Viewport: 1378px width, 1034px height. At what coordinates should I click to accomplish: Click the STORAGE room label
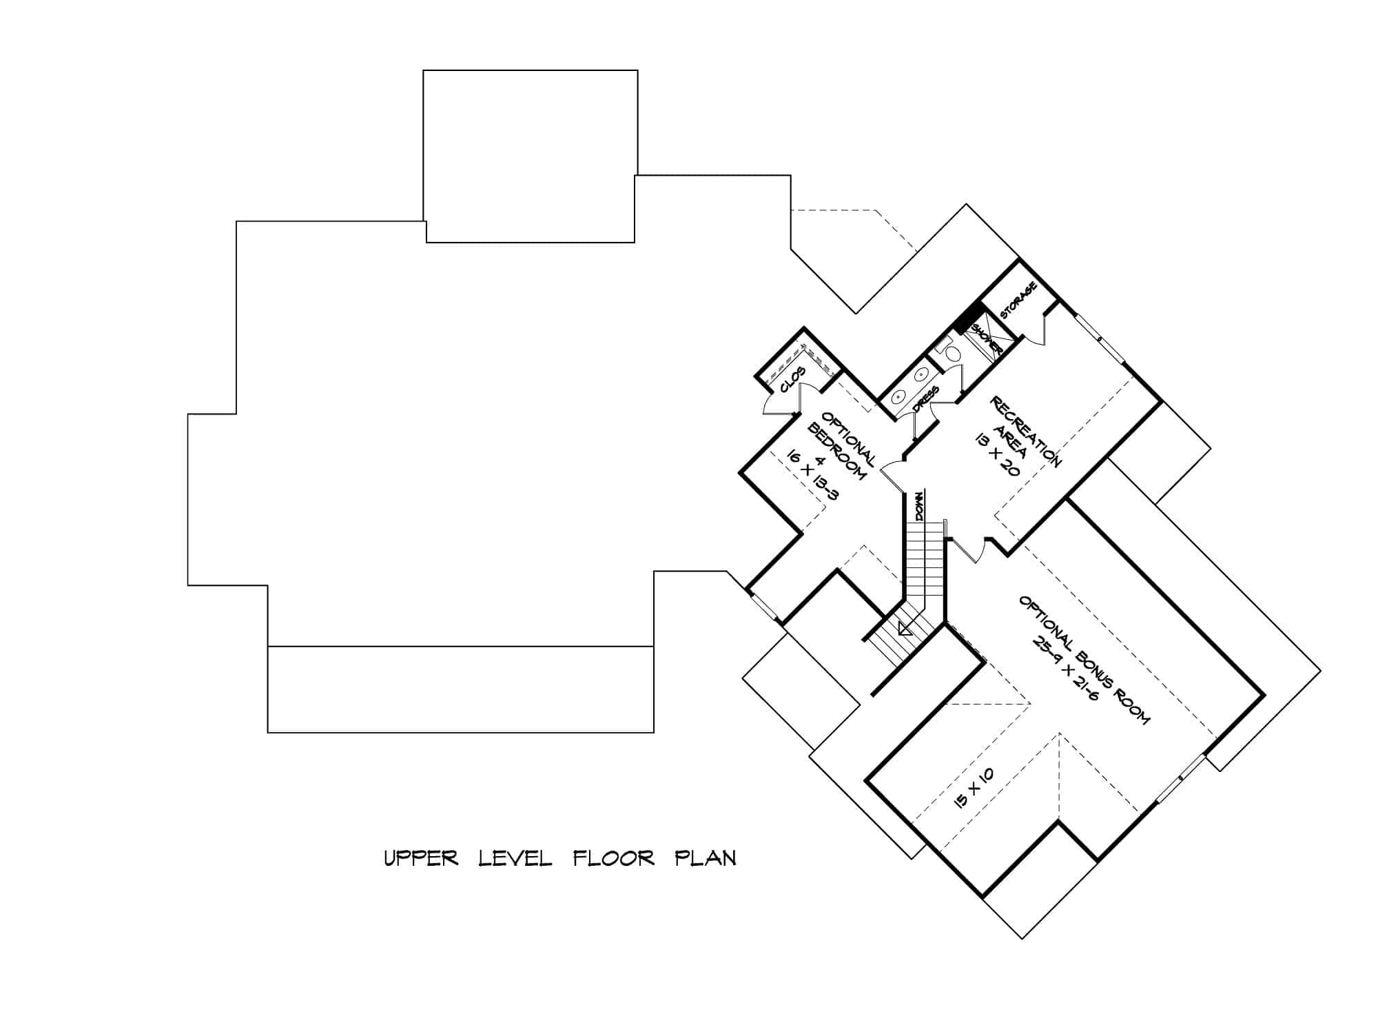(x=1019, y=301)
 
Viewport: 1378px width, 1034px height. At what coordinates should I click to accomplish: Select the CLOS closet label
(x=793, y=380)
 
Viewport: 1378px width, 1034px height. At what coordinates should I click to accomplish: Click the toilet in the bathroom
(x=951, y=354)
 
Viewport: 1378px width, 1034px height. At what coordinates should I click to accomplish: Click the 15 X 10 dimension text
(x=974, y=788)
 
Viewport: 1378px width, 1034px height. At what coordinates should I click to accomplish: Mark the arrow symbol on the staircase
(x=905, y=629)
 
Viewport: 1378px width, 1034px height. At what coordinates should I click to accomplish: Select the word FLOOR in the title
(x=614, y=858)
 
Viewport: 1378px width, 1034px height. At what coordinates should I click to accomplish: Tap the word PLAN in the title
(x=705, y=858)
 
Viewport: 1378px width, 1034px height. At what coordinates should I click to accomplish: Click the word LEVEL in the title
(x=515, y=858)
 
